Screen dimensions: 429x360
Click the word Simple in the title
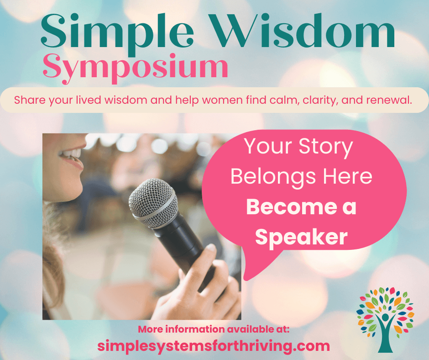click(117, 32)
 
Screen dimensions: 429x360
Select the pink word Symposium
click(136, 68)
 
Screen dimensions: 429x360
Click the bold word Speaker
click(301, 237)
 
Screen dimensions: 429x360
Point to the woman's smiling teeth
click(71, 154)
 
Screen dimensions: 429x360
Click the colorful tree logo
click(385, 319)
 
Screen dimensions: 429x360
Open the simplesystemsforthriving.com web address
click(214, 346)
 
